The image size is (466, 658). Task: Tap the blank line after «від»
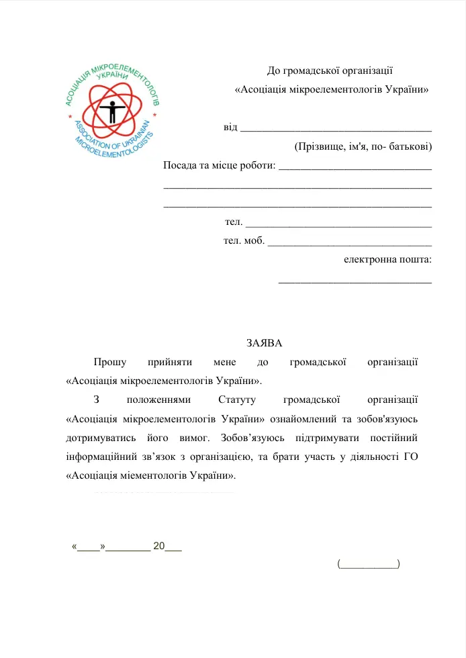click(x=336, y=127)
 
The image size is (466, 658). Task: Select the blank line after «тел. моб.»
click(x=349, y=241)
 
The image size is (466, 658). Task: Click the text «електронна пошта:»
click(x=387, y=259)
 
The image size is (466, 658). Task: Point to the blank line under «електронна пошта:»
click(x=355, y=281)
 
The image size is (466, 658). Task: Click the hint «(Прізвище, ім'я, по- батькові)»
click(x=363, y=146)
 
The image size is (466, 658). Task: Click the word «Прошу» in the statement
click(x=110, y=363)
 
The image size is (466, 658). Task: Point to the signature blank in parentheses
click(x=369, y=564)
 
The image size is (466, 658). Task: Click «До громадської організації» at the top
click(x=330, y=70)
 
